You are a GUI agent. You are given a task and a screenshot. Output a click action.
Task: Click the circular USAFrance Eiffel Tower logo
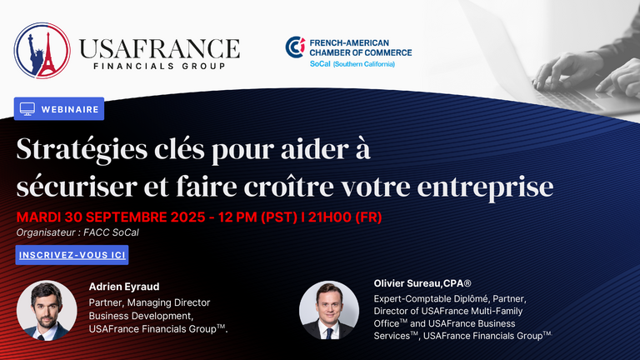[x=42, y=51]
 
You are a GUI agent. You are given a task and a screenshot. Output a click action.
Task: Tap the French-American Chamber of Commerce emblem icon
[x=295, y=47]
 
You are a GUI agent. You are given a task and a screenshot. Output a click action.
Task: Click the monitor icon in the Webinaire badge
[x=27, y=109]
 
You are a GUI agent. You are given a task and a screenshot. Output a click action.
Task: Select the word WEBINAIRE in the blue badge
[x=70, y=109]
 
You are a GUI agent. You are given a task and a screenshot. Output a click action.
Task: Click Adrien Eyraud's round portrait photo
[x=47, y=310]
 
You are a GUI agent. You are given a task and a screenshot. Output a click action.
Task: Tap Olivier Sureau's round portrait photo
[x=329, y=310]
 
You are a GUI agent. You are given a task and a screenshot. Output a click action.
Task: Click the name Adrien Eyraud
[x=124, y=287]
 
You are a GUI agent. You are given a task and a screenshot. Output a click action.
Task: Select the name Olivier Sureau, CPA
[x=422, y=283]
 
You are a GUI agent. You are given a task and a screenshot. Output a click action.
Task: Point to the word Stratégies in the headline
[x=82, y=150]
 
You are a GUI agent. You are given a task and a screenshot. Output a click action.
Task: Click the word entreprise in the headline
[x=485, y=187]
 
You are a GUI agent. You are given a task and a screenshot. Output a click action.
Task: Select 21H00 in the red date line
[x=330, y=217]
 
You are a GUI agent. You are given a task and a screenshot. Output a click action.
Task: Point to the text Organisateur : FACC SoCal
[x=77, y=232]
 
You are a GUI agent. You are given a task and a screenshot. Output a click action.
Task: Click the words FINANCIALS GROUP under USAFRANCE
[x=159, y=66]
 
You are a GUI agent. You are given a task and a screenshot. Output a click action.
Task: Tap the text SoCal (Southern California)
[x=352, y=64]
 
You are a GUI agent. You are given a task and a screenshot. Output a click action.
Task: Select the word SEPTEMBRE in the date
[x=125, y=217]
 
